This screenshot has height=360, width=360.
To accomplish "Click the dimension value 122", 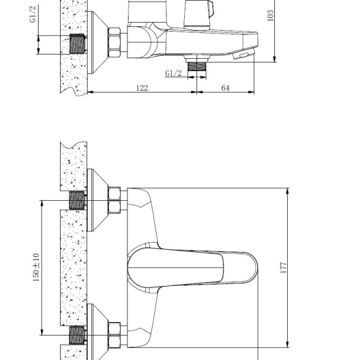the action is [142, 88].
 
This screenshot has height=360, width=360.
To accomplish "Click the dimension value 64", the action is [225, 88].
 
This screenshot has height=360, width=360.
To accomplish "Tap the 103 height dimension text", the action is [271, 15].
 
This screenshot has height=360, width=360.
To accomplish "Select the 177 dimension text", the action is [283, 268].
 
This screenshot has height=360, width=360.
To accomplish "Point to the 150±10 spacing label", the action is [36, 268].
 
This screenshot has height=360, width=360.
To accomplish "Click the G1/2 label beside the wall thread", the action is [33, 14].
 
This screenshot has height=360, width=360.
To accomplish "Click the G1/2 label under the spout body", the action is [173, 73].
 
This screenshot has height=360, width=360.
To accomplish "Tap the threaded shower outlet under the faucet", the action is [197, 66].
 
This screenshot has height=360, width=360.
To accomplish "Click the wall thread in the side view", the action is [77, 44].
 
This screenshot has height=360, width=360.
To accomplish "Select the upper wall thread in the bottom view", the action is [77, 200].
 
